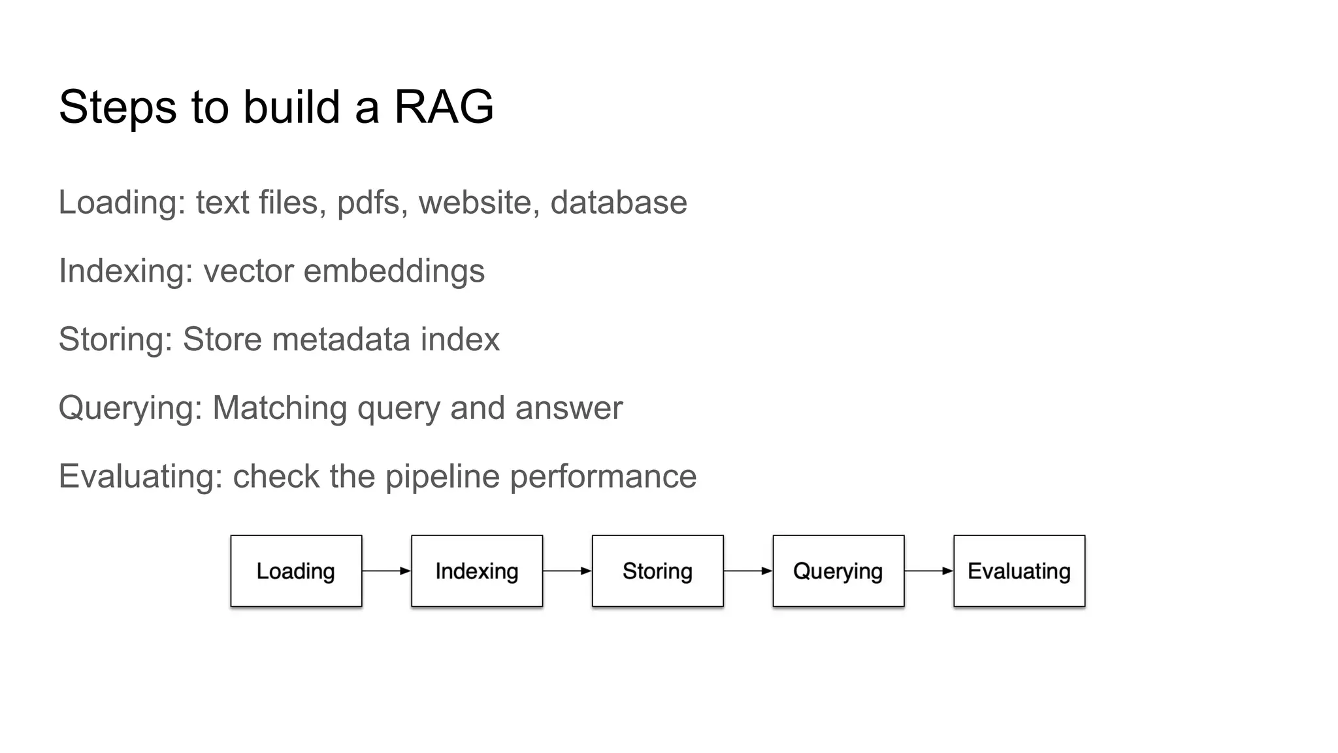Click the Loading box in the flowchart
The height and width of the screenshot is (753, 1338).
pyautogui.click(x=296, y=571)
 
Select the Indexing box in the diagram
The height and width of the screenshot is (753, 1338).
pyautogui.click(x=477, y=571)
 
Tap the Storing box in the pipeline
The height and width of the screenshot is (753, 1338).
pyautogui.click(x=657, y=571)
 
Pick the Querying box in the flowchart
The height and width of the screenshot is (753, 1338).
pyautogui.click(x=838, y=571)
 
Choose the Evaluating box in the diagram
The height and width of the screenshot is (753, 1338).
pyautogui.click(x=1019, y=571)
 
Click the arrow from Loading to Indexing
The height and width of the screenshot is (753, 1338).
pyautogui.click(x=386, y=571)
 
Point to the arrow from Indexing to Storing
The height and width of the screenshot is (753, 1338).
pyautogui.click(x=567, y=571)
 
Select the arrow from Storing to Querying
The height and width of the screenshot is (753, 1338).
pyautogui.click(x=748, y=571)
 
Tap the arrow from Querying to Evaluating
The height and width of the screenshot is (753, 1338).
pyautogui.click(x=928, y=571)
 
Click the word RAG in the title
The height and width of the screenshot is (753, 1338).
pyautogui.click(x=444, y=107)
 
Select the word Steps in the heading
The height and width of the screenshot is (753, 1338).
pyautogui.click(x=118, y=107)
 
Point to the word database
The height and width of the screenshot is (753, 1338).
pyautogui.click(x=618, y=203)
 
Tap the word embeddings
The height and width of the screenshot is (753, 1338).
pyautogui.click(x=394, y=271)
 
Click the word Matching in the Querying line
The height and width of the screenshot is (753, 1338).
pyautogui.click(x=280, y=408)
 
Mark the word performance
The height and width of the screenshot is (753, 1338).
pyautogui.click(x=603, y=477)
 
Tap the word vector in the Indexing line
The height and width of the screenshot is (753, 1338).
pyautogui.click(x=248, y=271)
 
